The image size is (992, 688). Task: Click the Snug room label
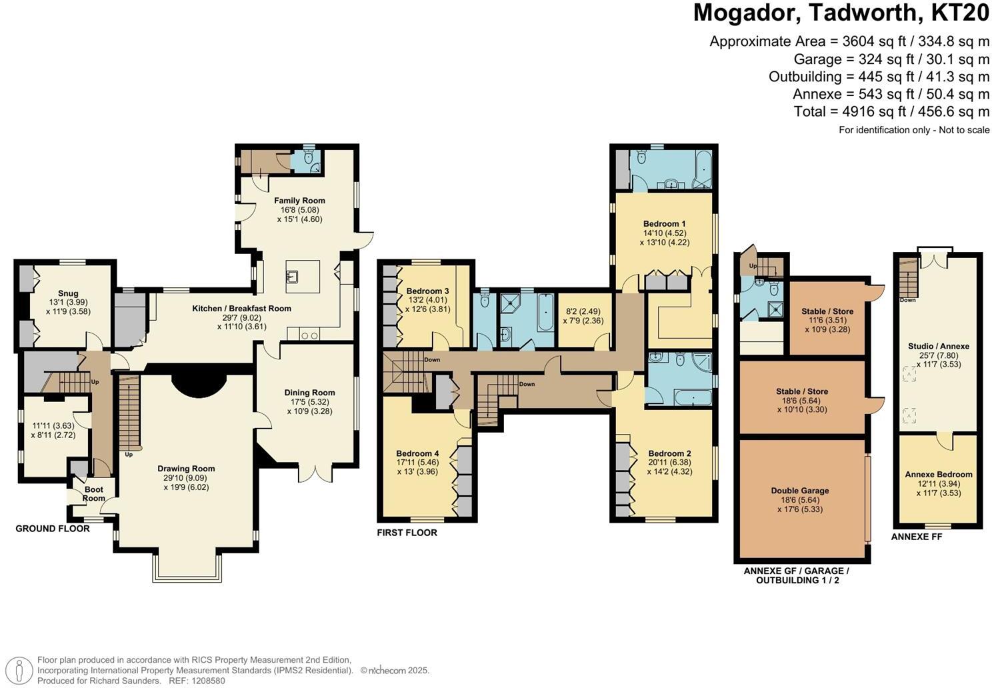(68, 293)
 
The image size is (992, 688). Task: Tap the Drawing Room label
(186, 469)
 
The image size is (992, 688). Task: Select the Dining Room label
(309, 393)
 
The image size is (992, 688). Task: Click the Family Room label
(299, 201)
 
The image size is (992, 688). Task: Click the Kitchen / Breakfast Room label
(241, 309)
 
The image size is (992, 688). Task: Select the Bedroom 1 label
(664, 224)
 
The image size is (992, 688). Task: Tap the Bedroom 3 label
(427, 291)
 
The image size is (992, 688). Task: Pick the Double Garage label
(800, 491)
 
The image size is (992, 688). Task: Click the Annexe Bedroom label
(938, 475)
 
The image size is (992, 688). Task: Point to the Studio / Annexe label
(938, 346)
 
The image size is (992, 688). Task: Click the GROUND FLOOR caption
(53, 529)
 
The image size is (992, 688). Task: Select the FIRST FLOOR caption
(407, 533)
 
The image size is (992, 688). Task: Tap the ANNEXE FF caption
(917, 536)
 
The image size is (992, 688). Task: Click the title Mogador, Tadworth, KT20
(841, 13)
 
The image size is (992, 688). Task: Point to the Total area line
(891, 111)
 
